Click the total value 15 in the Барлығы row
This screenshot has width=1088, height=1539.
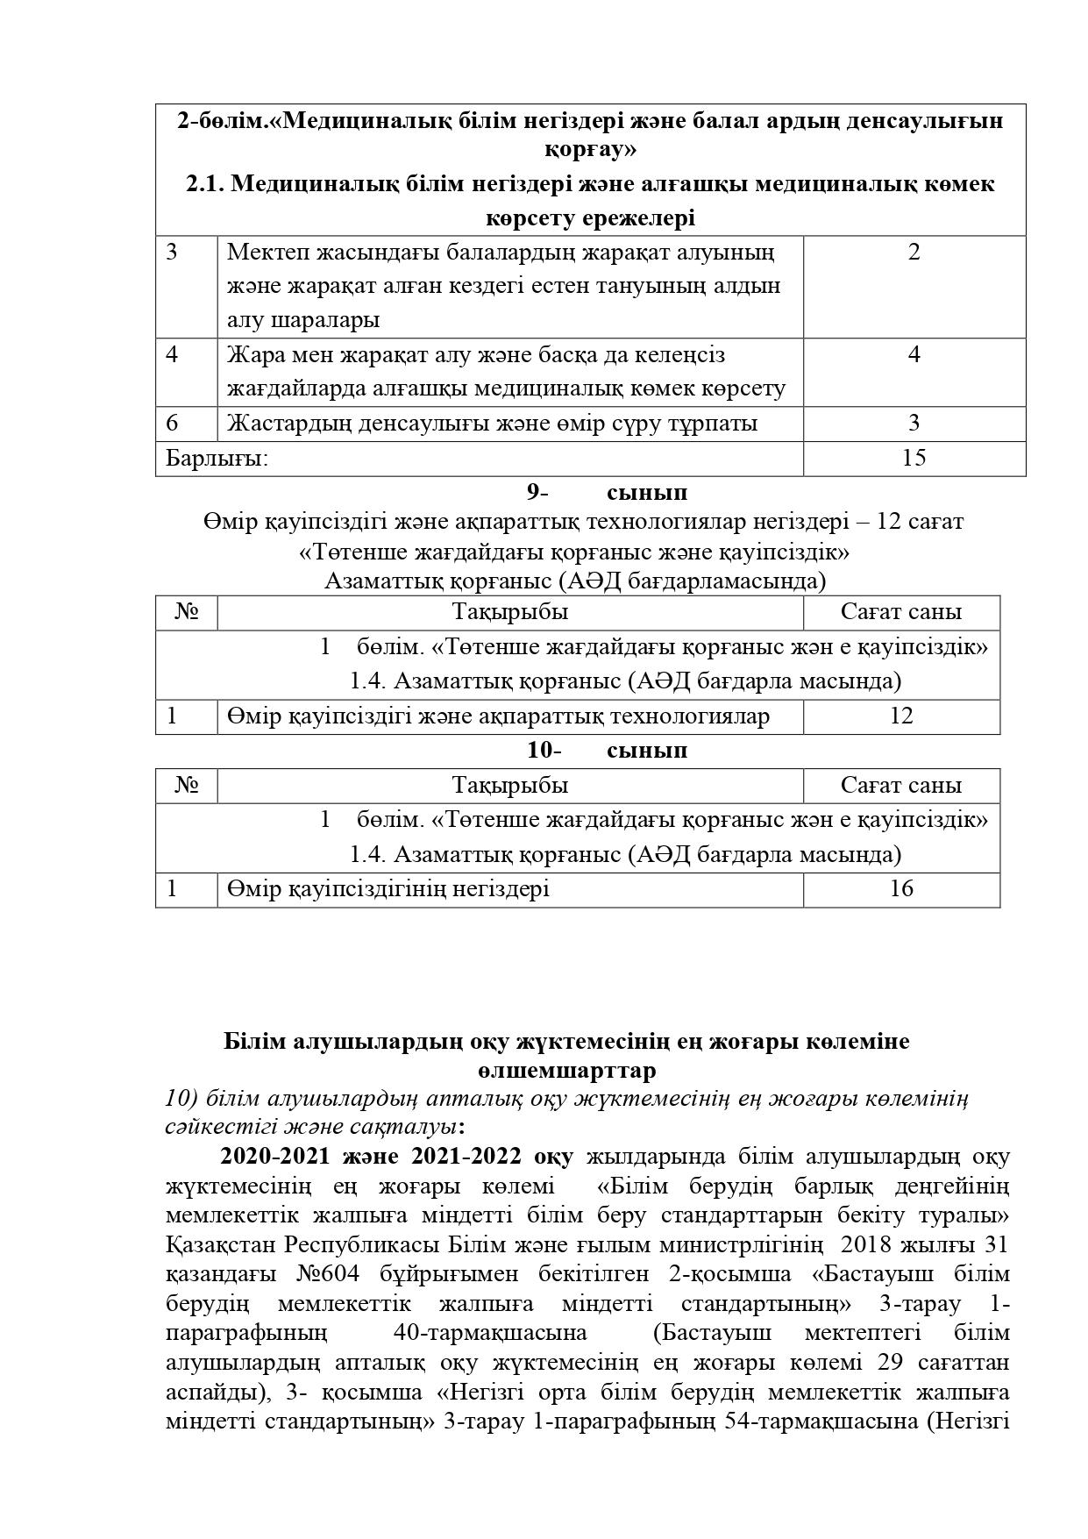tap(914, 458)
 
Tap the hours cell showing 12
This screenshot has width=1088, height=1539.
tap(900, 716)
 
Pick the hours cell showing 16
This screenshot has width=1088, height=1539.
tap(900, 888)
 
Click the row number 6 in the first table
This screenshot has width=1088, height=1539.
tap(172, 423)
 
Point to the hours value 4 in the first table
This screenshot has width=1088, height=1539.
tap(914, 355)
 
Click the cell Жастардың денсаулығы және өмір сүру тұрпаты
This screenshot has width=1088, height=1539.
tap(492, 423)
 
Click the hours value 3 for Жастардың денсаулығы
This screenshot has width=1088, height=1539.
tap(914, 423)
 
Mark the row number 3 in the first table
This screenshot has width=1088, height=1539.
tap(172, 253)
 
